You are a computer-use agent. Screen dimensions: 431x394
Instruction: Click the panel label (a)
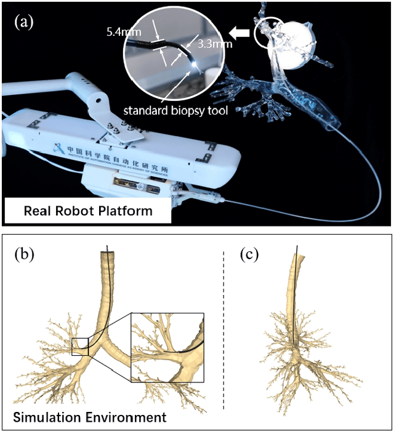click(x=24, y=23)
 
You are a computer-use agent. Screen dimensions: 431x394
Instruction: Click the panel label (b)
click(x=25, y=254)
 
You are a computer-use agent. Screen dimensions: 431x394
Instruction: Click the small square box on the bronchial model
click(x=80, y=347)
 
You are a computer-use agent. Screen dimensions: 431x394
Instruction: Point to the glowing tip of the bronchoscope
click(x=196, y=63)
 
